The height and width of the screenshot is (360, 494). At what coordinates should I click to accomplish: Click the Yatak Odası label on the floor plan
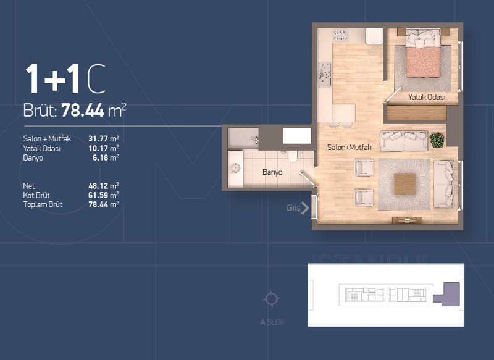click(x=427, y=97)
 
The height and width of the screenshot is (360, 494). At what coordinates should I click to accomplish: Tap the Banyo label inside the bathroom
click(x=272, y=172)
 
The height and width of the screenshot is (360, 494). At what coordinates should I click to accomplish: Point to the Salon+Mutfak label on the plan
click(x=350, y=147)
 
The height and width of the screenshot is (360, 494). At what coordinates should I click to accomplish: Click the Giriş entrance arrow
click(x=304, y=208)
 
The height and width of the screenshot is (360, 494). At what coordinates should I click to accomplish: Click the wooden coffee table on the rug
click(x=404, y=184)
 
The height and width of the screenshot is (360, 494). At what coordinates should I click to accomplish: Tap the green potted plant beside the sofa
click(x=437, y=140)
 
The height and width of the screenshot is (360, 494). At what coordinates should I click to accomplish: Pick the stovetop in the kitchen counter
click(x=341, y=35)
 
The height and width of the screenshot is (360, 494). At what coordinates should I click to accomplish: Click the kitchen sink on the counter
click(x=325, y=75)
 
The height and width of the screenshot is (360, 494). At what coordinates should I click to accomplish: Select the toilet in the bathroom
click(x=293, y=156)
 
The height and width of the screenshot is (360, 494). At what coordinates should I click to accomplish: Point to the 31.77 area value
click(x=99, y=138)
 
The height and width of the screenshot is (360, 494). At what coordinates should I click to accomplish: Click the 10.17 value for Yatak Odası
click(x=98, y=148)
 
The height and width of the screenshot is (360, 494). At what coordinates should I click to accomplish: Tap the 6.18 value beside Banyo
click(x=101, y=158)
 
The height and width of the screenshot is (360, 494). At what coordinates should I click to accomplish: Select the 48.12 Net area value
click(x=98, y=186)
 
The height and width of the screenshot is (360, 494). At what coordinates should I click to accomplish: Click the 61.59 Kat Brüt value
click(x=98, y=195)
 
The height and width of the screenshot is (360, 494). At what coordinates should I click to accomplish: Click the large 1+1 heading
click(x=52, y=79)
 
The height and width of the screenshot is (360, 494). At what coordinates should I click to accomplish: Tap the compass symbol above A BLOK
click(x=271, y=299)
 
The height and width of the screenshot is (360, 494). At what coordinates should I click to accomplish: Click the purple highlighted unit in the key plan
click(x=446, y=294)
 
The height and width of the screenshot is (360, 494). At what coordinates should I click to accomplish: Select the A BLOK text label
click(x=272, y=322)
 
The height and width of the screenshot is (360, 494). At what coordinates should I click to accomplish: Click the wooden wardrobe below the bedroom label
click(x=416, y=113)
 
